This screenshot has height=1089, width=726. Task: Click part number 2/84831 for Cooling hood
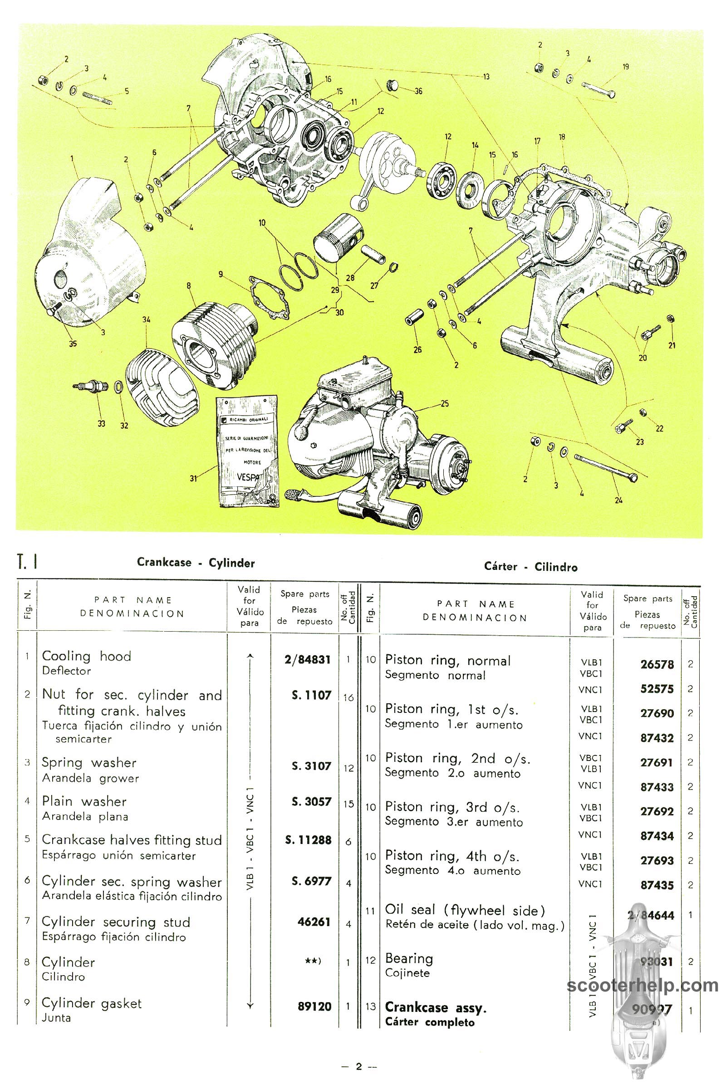[x=308, y=659]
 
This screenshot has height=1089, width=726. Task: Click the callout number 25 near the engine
[x=445, y=404]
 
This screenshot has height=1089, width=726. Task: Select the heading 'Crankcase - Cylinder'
[x=196, y=563]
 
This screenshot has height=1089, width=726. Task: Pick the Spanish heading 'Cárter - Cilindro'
[x=530, y=567]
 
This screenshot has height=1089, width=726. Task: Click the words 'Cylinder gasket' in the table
[x=92, y=1003]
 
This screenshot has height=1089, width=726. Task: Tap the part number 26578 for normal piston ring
[x=657, y=664]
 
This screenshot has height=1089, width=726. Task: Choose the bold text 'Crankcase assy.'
[x=436, y=1007]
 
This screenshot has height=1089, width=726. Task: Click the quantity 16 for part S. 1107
[x=348, y=698]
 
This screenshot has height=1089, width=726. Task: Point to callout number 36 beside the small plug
[x=418, y=91]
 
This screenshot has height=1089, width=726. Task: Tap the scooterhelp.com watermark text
[x=643, y=986]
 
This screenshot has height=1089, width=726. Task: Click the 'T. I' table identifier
[x=27, y=562]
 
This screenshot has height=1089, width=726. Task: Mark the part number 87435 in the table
[x=657, y=885]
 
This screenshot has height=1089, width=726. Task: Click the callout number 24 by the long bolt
[x=618, y=500]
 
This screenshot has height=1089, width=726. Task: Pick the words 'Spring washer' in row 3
[x=89, y=763]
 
